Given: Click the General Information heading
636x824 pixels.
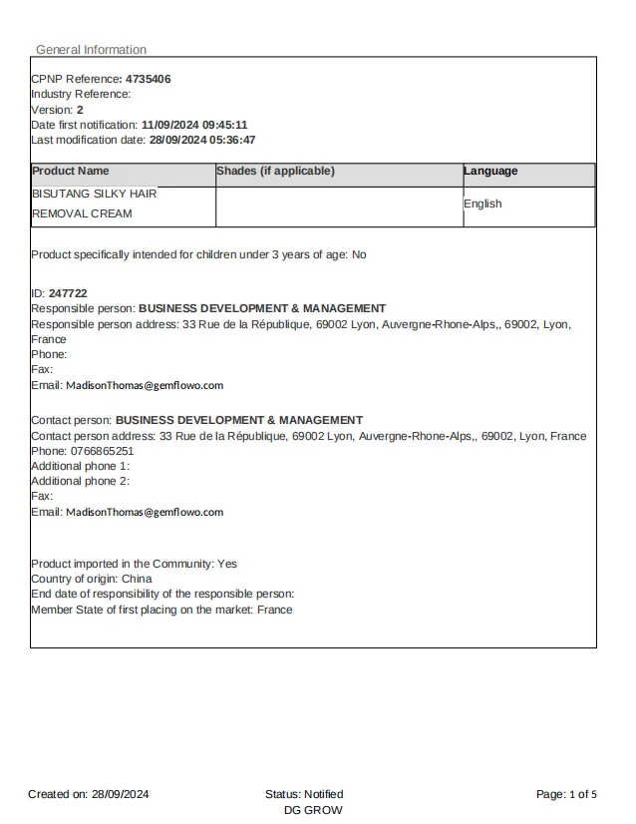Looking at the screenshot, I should click(91, 50).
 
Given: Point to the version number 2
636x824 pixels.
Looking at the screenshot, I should click(80, 110).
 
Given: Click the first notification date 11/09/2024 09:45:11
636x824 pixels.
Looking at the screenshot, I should click(194, 125).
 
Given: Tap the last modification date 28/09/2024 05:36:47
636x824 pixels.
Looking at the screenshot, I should click(202, 140).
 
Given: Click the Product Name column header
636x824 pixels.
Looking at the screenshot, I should click(71, 171).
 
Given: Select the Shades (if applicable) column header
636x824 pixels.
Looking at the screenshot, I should click(275, 171).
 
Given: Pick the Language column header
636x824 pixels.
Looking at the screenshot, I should click(490, 171).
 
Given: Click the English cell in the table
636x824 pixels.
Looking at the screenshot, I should click(482, 204).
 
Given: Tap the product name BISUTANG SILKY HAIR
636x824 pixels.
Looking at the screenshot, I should click(95, 194).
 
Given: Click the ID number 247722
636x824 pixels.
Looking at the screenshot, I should click(68, 293).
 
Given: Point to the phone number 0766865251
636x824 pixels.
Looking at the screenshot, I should click(98, 451).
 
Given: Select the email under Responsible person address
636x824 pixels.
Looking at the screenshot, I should click(145, 385).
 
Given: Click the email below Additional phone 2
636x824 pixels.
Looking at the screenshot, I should click(145, 512).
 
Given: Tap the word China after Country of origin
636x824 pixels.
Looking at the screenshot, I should click(137, 579).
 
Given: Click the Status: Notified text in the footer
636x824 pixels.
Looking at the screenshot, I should click(304, 794).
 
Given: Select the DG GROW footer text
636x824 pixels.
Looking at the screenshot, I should click(313, 810).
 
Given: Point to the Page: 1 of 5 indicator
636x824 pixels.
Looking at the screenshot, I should click(566, 794).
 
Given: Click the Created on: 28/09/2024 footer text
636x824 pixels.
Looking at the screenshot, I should click(89, 794).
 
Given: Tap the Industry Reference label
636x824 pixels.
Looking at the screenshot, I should click(81, 94).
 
